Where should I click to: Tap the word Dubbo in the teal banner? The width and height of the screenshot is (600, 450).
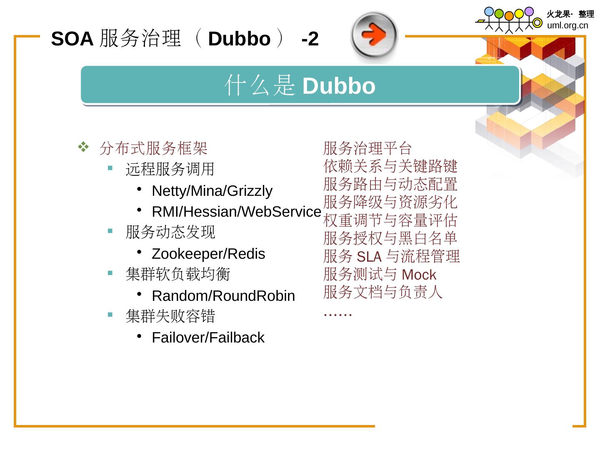[339, 86]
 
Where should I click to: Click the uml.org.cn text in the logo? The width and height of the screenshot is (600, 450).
[567, 25]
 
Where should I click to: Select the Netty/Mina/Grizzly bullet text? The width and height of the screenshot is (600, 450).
[212, 191]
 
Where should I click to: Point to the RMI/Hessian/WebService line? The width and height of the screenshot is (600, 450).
[236, 212]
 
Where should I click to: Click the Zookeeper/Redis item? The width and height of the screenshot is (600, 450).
[208, 254]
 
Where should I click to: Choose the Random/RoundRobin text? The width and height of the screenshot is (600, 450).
[223, 296]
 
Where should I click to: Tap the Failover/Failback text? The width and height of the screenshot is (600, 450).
[208, 337]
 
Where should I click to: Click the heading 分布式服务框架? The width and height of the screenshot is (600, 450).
[153, 148]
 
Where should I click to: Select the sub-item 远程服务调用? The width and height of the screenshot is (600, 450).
[170, 169]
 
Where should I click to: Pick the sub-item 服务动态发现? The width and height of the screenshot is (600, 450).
[170, 232]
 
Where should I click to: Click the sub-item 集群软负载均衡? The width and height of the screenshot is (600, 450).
[177, 274]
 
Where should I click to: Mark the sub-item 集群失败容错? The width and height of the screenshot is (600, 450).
[170, 316]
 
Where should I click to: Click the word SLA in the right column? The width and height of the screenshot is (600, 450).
[369, 257]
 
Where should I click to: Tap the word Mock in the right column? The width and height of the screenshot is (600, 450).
[419, 275]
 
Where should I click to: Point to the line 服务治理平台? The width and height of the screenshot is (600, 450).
[367, 148]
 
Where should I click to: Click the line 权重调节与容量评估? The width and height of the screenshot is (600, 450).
[390, 220]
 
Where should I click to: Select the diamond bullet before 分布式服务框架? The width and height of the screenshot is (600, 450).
[83, 147]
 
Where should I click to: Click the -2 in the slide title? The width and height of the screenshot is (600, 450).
[310, 39]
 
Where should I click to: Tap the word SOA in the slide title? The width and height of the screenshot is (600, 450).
[72, 39]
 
